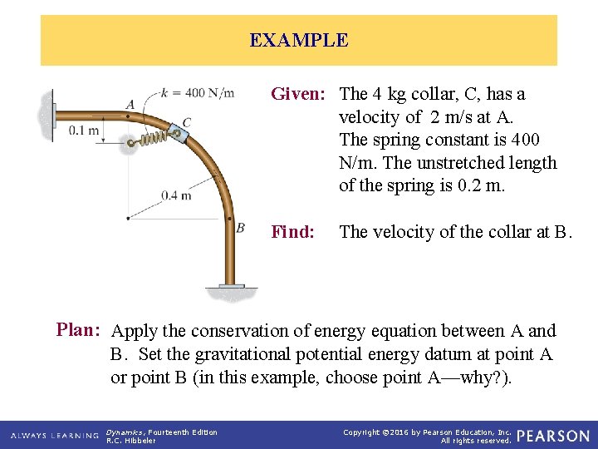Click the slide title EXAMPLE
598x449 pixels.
(299, 40)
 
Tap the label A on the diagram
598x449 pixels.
(130, 104)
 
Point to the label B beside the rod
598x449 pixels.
(240, 227)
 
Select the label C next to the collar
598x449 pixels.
(187, 123)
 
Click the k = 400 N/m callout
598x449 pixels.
(198, 91)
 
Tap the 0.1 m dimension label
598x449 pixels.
(84, 130)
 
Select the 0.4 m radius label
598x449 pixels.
(176, 195)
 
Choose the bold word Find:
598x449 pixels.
(293, 232)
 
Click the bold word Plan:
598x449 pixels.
(79, 329)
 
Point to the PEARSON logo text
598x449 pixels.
(553, 436)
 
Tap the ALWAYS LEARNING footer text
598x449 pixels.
(54, 436)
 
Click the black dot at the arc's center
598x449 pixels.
(127, 218)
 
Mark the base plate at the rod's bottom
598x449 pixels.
(233, 288)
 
